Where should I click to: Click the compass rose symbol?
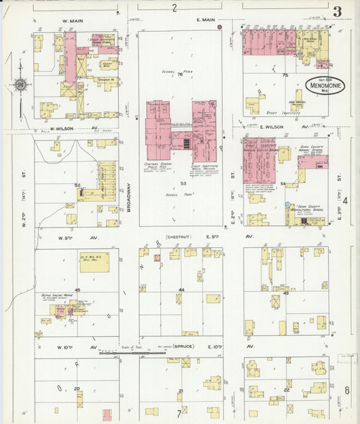[x=21, y=84]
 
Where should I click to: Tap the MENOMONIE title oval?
[x=323, y=86]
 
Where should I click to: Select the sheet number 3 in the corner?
[x=336, y=11]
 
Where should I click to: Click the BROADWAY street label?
[x=128, y=200]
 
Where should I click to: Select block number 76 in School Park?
[x=180, y=75]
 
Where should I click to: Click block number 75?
[x=285, y=75]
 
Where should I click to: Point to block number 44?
[x=180, y=290]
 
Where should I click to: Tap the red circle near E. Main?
[x=220, y=28]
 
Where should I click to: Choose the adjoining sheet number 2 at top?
[x=174, y=8]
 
